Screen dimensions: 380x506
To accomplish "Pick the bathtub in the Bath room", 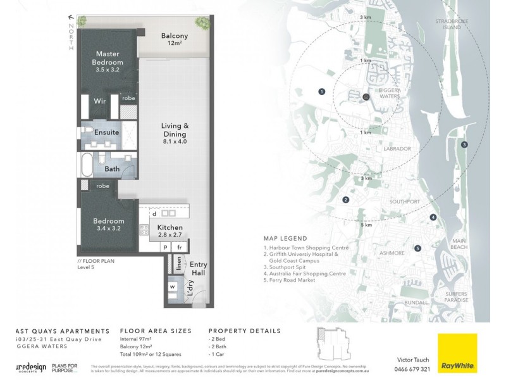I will (x=86, y=168).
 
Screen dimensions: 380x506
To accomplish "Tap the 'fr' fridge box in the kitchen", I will (x=180, y=247).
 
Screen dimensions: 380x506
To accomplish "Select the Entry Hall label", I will (x=198, y=269).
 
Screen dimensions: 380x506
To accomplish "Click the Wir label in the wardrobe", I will (x=99, y=101).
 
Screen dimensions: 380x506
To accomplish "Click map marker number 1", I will (x=322, y=92).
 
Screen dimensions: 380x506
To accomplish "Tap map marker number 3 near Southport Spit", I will (x=464, y=145).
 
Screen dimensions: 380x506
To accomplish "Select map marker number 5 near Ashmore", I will (x=417, y=248).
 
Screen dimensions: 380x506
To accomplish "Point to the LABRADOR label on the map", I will (x=397, y=149).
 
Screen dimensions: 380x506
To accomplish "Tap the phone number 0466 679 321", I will (x=412, y=369).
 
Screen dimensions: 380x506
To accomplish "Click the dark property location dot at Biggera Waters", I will (x=366, y=97).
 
